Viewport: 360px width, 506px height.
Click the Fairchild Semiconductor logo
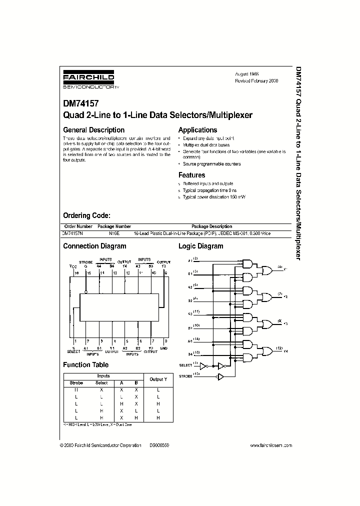coord(88,80)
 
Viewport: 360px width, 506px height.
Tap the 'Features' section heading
coord(191,175)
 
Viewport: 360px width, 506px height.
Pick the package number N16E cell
coord(114,233)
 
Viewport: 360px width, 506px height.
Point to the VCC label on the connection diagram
coord(72,266)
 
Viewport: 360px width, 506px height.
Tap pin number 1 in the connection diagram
coord(73,340)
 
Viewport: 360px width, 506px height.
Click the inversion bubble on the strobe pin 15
coord(85,292)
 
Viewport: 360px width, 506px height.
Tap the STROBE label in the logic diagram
coord(185,375)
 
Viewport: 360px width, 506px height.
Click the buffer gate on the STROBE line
coord(220,376)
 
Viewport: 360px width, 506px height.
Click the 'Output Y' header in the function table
coord(157,379)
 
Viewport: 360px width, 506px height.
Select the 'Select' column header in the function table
coord(101,383)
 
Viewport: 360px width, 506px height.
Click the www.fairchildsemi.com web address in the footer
coord(270,444)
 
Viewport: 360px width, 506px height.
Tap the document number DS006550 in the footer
coord(159,444)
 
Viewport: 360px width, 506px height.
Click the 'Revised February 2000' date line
coord(256,80)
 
